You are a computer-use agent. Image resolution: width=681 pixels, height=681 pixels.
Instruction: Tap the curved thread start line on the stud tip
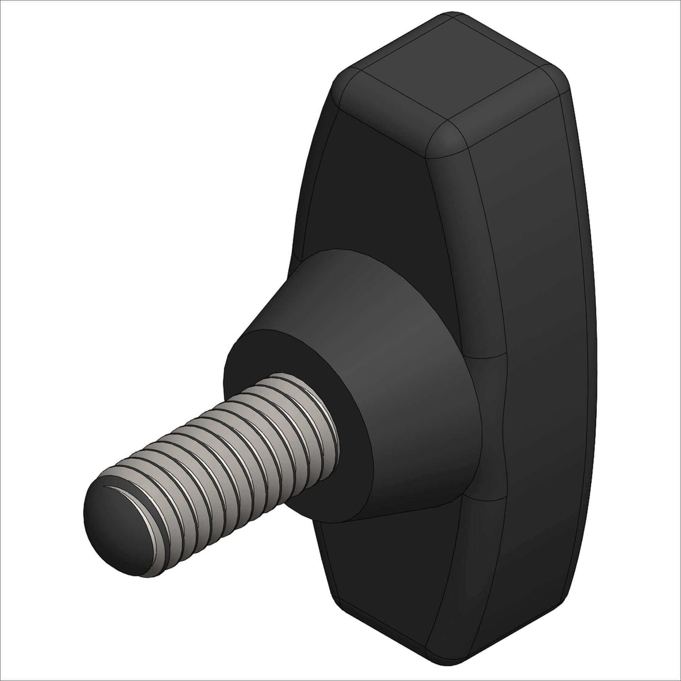[118, 491]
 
